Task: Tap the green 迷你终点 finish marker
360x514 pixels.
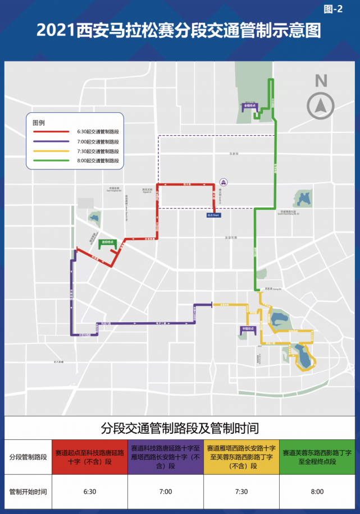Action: click(107, 242)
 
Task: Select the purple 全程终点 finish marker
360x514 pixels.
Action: click(250, 105)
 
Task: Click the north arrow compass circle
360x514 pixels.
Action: click(321, 105)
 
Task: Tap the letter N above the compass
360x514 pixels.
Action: click(321, 81)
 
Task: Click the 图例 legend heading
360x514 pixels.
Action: click(39, 122)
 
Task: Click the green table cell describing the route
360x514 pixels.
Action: click(317, 456)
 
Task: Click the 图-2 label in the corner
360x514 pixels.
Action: click(334, 8)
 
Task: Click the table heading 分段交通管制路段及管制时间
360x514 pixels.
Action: click(180, 428)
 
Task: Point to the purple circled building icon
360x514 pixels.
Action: click(224, 182)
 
